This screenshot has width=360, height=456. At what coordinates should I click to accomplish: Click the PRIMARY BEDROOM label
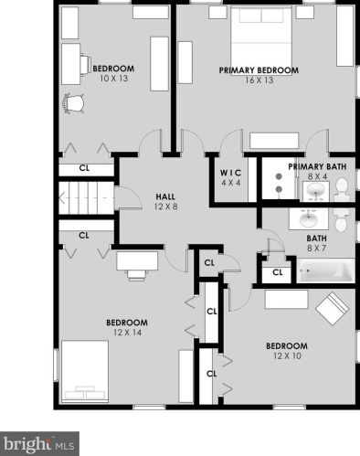(259, 70)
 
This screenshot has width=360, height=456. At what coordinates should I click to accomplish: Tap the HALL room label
(165, 196)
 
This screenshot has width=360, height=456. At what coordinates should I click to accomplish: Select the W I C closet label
(230, 173)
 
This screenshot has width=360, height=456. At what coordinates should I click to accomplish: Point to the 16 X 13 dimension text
(259, 80)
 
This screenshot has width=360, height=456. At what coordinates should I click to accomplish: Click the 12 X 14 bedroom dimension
(127, 333)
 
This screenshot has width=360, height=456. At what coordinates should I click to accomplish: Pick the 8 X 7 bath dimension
(317, 249)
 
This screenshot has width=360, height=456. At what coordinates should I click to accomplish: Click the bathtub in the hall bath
(326, 270)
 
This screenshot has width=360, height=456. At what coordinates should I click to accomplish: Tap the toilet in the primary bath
(342, 190)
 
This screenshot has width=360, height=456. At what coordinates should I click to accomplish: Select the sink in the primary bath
(316, 192)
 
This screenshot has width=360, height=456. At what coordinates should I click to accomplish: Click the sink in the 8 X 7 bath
(309, 218)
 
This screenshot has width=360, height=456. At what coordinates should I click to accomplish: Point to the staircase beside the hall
(86, 198)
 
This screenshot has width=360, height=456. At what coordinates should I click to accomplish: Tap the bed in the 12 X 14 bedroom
(85, 371)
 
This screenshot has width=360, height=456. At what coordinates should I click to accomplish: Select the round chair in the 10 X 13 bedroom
(73, 104)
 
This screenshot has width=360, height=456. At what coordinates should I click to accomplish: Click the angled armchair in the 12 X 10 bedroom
(333, 309)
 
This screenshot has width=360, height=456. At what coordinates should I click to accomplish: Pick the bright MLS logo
(39, 444)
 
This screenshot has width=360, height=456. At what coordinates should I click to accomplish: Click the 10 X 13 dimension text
(114, 79)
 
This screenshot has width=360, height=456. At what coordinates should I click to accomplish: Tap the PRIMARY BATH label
(317, 167)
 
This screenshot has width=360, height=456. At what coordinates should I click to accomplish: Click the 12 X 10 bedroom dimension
(287, 355)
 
